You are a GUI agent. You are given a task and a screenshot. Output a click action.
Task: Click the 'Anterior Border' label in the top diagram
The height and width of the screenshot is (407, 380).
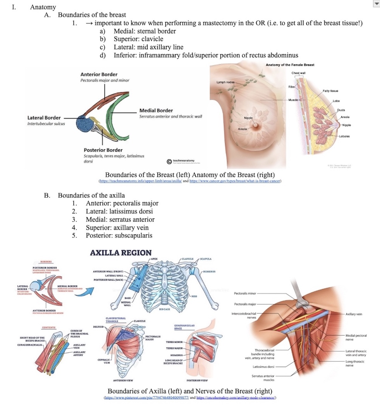tap(99, 74)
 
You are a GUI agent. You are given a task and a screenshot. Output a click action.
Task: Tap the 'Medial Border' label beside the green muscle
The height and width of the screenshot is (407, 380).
tap(156, 110)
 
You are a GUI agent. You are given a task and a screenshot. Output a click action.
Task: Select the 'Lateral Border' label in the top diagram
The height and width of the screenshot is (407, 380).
tap(44, 117)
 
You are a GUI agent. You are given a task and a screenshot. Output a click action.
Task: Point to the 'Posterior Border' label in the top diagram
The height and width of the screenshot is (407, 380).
tap(103, 150)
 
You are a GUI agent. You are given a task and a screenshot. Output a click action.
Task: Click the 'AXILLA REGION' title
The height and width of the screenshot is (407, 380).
tap(121, 253)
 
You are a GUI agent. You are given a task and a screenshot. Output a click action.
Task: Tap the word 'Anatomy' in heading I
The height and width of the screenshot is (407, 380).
tap(43, 7)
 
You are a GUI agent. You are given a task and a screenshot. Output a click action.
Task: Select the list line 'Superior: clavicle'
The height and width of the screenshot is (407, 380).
tap(138, 39)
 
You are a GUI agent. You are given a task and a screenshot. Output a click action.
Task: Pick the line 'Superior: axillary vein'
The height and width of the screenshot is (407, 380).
tap(117, 227)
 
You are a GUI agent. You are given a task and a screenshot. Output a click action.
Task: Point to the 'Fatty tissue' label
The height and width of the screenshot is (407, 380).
tap(331, 91)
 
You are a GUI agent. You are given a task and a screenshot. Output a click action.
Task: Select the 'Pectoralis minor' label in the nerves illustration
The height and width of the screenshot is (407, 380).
tap(245, 293)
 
